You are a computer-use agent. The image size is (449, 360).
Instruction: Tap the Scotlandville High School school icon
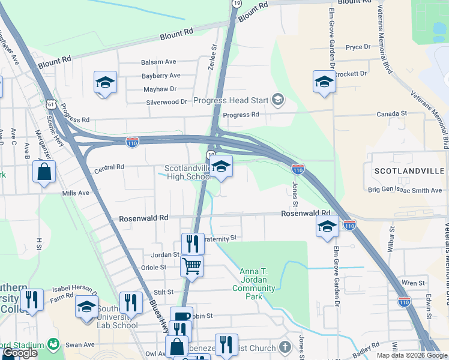(221, 167)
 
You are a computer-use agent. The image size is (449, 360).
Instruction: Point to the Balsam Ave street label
(158, 62)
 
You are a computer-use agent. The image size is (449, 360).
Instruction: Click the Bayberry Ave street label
(161, 76)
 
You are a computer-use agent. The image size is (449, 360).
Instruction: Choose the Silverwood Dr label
(167, 103)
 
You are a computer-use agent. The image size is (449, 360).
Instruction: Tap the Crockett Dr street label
(351, 74)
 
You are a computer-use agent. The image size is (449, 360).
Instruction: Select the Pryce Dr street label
(358, 47)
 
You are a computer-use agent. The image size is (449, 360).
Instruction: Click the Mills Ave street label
(76, 193)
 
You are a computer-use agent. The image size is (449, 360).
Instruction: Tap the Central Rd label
(109, 167)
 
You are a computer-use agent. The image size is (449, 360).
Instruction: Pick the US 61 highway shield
(52, 104)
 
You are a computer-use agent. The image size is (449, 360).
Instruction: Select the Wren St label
(413, 283)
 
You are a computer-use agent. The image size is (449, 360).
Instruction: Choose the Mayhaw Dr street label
(160, 89)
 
